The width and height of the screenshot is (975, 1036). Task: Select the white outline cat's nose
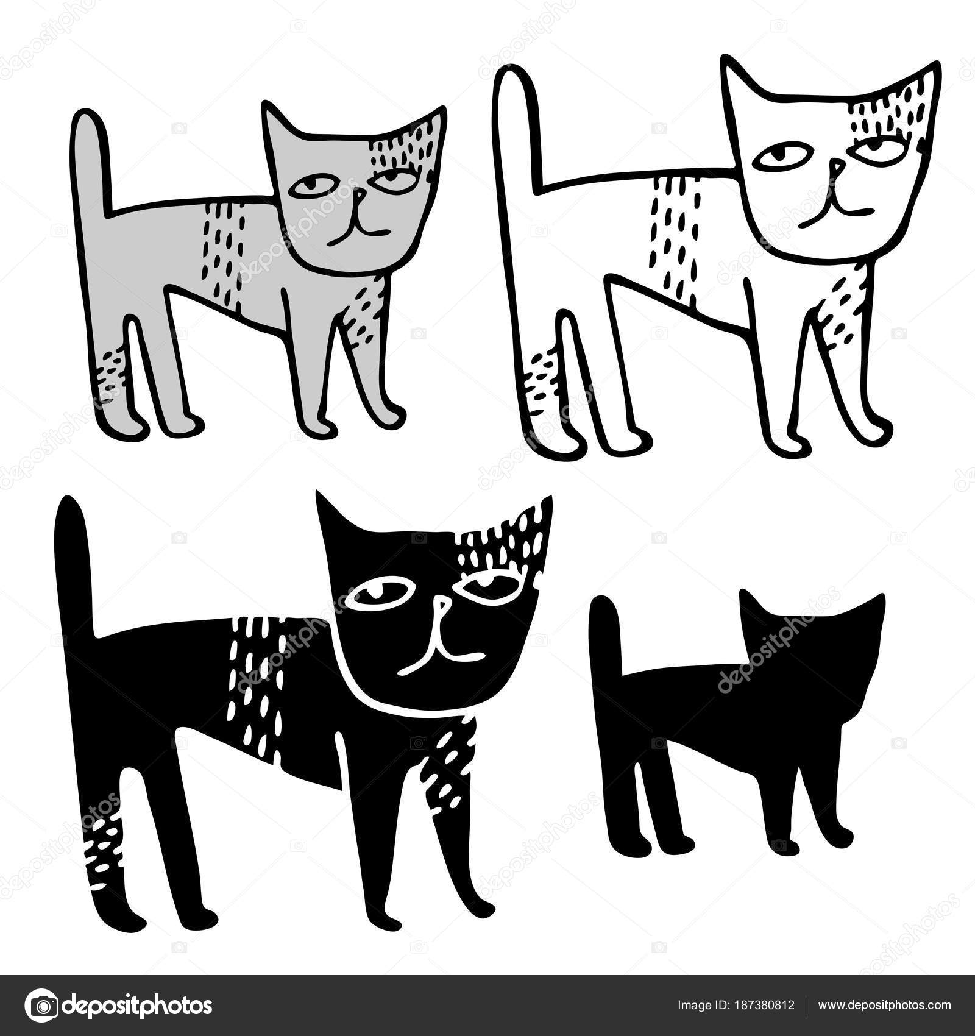[x=837, y=166]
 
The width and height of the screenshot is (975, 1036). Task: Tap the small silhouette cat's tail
[x=606, y=652]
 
